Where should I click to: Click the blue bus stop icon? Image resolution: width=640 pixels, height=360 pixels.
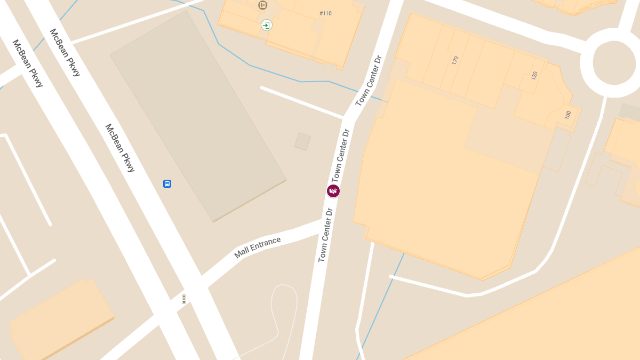tap(167, 184)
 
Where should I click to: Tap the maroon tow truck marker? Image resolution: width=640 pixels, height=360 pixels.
tap(333, 191)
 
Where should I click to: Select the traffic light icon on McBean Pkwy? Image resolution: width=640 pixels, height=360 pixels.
tap(184, 299)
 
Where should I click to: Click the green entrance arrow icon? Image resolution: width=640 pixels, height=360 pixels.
tap(266, 25)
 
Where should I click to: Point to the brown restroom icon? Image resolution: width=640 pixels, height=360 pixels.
tap(262, 5)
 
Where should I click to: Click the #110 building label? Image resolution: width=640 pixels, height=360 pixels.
tap(325, 13)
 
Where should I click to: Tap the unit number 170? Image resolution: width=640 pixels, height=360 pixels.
tap(455, 60)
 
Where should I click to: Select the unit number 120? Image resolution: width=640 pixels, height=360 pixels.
tap(534, 75)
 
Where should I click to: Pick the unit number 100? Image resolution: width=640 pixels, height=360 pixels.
tap(567, 115)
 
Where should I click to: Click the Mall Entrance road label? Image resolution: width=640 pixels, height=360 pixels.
tap(258, 247)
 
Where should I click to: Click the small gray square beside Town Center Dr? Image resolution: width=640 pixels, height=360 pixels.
tap(302, 141)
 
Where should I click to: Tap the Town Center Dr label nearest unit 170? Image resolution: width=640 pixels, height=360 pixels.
tap(369, 81)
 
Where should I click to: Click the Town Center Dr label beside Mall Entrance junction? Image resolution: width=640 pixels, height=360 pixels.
tap(325, 235)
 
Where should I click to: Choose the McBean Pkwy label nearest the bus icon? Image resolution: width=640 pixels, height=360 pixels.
tap(120, 148)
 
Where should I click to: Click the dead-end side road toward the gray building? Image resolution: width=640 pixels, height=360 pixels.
tap(302, 102)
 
